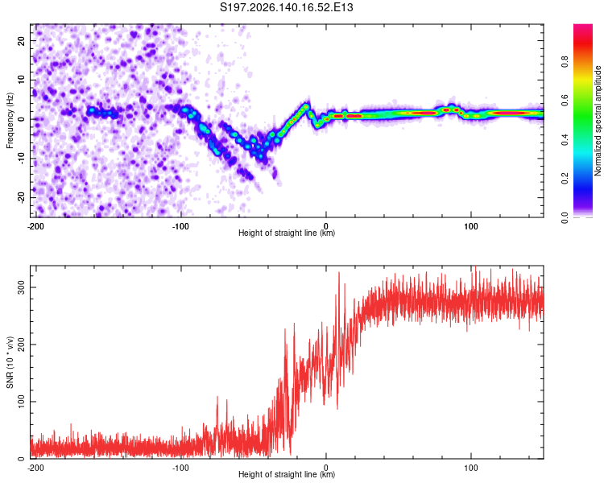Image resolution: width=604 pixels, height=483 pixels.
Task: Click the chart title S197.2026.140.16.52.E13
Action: tap(286, 7)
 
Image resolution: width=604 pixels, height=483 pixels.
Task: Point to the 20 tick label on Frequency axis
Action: tap(22, 40)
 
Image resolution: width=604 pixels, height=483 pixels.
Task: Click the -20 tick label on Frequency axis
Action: tap(22, 197)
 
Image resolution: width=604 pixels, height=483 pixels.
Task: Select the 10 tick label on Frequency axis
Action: tap(22, 80)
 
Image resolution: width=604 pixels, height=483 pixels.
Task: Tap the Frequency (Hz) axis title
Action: tap(10, 120)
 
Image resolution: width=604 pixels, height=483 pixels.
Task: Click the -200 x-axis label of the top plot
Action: tap(35, 226)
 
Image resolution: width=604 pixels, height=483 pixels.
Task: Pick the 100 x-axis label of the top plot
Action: tap(471, 226)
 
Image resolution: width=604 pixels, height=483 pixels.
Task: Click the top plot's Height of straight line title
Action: tap(287, 233)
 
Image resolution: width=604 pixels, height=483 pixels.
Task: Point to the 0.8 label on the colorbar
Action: tap(565, 61)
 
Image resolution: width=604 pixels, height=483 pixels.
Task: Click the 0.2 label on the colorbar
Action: tap(565, 179)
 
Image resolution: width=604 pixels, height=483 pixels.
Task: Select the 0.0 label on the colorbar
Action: tap(565, 218)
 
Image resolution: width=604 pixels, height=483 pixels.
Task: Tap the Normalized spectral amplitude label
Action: tap(598, 121)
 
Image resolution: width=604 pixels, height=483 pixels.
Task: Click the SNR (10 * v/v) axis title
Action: tap(10, 362)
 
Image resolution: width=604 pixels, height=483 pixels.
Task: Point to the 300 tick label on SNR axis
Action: tap(22, 287)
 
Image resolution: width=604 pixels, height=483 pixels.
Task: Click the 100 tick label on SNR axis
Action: tap(22, 402)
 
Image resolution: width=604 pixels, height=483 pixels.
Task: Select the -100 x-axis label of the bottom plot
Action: tap(180, 468)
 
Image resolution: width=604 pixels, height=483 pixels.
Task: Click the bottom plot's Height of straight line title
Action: tap(287, 474)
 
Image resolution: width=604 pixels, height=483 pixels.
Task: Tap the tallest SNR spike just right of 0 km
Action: tap(339, 272)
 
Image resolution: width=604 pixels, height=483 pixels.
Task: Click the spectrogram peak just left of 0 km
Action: tap(306, 106)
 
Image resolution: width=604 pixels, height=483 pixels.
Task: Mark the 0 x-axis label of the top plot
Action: tap(326, 226)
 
